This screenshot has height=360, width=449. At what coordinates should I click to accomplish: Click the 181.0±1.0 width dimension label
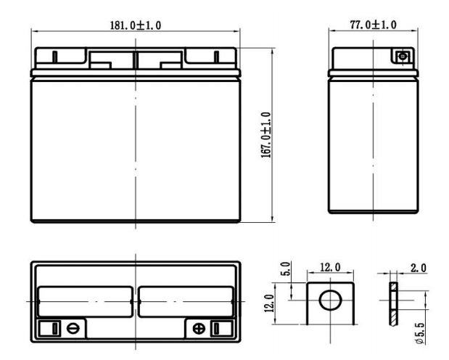click(x=136, y=25)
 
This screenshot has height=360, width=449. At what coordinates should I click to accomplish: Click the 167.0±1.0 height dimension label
click(x=265, y=135)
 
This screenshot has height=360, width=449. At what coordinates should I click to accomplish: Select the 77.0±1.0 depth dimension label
click(x=373, y=25)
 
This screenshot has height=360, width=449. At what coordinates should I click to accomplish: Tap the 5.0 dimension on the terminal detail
click(x=287, y=269)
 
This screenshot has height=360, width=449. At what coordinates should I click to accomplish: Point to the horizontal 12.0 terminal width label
click(x=330, y=267)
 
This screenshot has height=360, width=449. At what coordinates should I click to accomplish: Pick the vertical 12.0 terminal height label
click(x=270, y=303)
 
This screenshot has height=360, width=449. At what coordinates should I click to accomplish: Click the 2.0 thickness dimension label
click(x=419, y=268)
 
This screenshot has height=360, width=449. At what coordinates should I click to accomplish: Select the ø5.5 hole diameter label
click(x=420, y=333)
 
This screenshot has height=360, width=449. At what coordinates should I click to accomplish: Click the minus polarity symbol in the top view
click(x=72, y=328)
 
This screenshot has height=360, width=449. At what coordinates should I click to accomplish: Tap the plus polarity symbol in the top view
click(x=199, y=329)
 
